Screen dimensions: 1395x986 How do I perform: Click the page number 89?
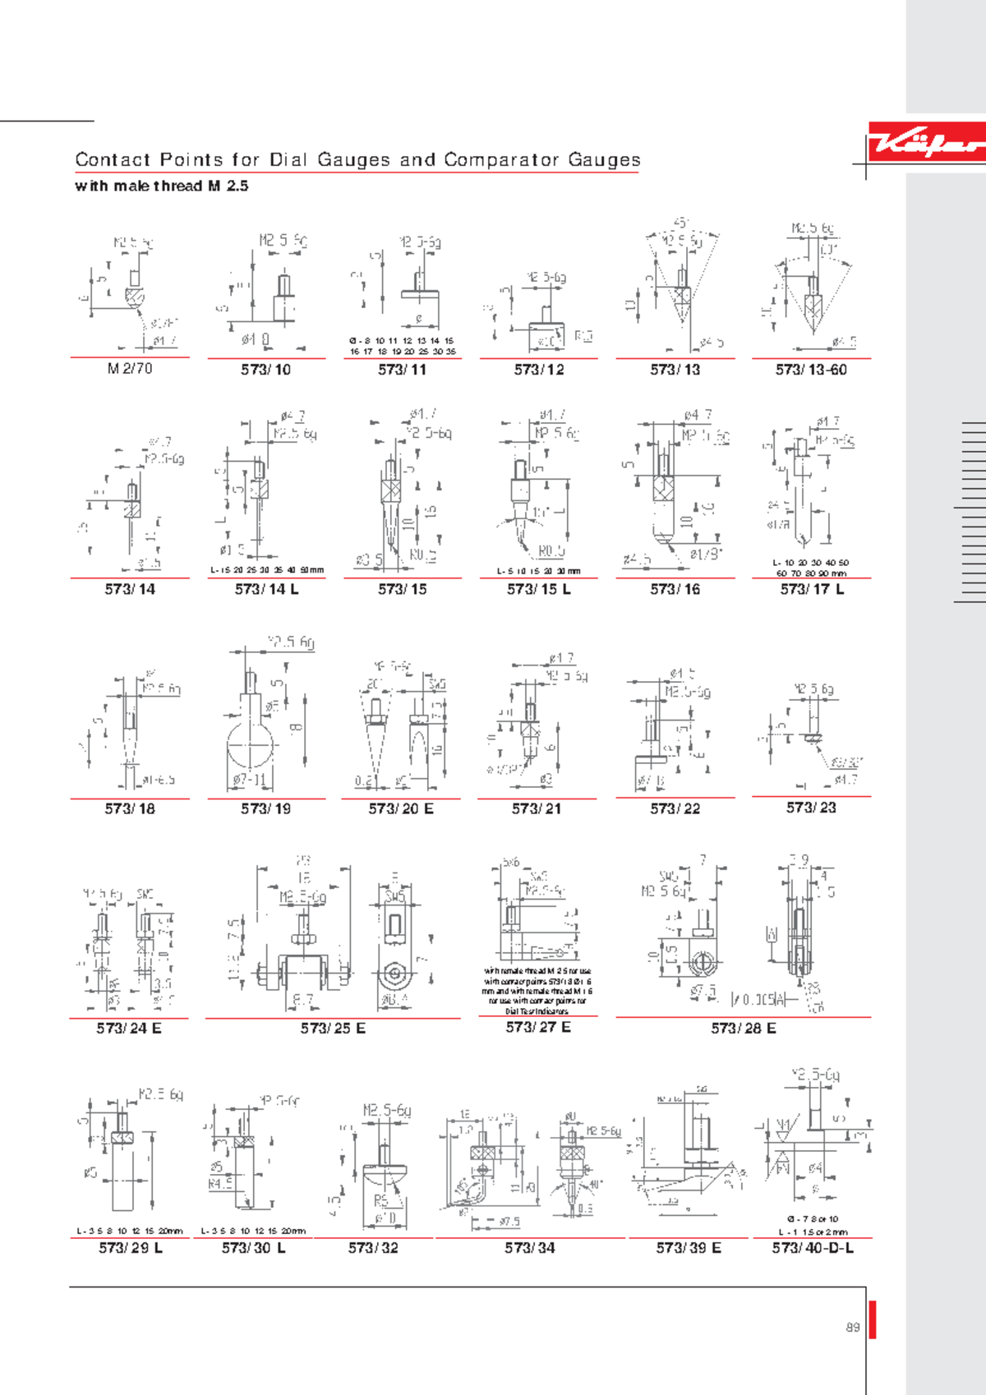[x=853, y=1327]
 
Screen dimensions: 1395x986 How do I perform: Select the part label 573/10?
[x=265, y=370]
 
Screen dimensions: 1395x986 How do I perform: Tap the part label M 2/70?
[x=130, y=369]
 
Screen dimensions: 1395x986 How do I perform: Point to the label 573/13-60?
[x=811, y=370]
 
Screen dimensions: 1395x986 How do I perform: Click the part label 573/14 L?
[x=266, y=589]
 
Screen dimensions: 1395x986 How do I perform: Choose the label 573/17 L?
[x=812, y=589]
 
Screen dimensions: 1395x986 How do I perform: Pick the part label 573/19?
[x=265, y=808]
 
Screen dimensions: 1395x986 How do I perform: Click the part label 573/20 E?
[x=401, y=808]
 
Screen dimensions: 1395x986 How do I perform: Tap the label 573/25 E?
[x=333, y=1028]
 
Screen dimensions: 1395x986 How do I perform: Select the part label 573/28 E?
[x=743, y=1028]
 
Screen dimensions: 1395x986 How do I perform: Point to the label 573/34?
[x=530, y=1247]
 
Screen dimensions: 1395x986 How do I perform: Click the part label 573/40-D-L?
[x=812, y=1247]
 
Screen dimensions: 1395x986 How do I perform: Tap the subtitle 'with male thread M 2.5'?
[x=161, y=186]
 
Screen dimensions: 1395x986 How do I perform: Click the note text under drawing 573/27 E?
[x=537, y=991]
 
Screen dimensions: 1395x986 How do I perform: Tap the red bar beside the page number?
[x=873, y=1319]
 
